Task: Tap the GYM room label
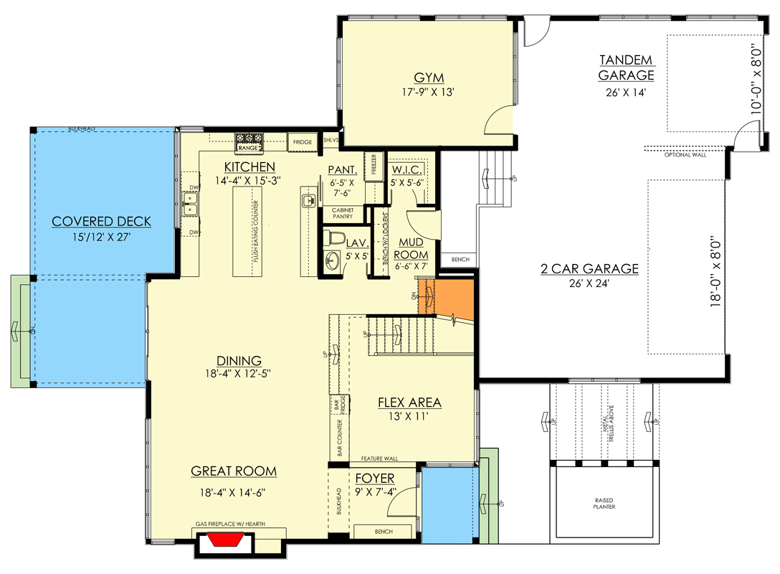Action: click(x=429, y=77)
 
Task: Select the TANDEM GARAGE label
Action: click(x=626, y=67)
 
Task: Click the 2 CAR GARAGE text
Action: click(x=589, y=269)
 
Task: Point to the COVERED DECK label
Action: click(x=101, y=222)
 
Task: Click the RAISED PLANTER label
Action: click(x=604, y=503)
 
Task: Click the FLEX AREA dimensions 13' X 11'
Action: click(x=409, y=415)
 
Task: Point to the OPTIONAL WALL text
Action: click(x=686, y=155)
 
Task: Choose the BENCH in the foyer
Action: click(x=383, y=532)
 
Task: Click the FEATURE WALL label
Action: click(x=380, y=458)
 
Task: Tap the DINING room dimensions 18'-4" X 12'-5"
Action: click(x=240, y=374)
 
